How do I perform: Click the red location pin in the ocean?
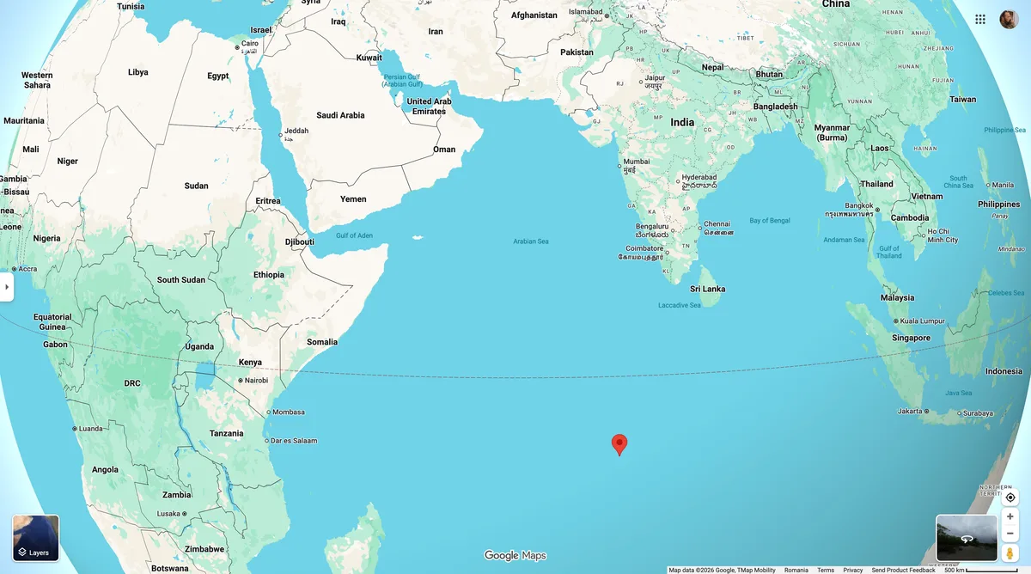click(619, 443)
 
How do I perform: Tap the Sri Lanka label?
click(707, 289)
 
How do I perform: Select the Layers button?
click(36, 538)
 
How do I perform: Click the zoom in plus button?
click(1010, 516)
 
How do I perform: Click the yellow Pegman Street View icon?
click(1010, 553)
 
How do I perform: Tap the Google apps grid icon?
click(980, 19)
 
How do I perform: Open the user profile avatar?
click(1009, 19)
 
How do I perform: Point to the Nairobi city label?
click(256, 381)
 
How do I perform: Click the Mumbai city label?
click(636, 162)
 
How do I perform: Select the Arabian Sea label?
click(530, 241)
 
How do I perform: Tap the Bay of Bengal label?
click(769, 221)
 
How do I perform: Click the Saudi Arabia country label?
click(340, 115)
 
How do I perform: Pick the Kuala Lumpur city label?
click(924, 321)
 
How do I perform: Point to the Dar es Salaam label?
click(294, 441)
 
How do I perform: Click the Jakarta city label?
click(910, 412)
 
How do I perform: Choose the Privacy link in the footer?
click(852, 570)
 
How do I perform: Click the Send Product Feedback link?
click(903, 570)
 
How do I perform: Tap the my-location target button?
click(1010, 498)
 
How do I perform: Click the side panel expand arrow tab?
click(7, 287)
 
